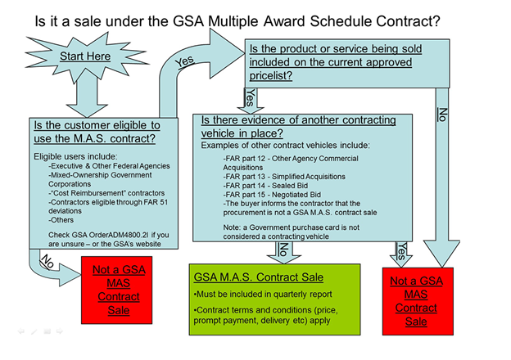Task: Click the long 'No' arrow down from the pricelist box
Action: [x=442, y=164]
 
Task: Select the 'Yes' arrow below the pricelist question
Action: [x=249, y=99]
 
